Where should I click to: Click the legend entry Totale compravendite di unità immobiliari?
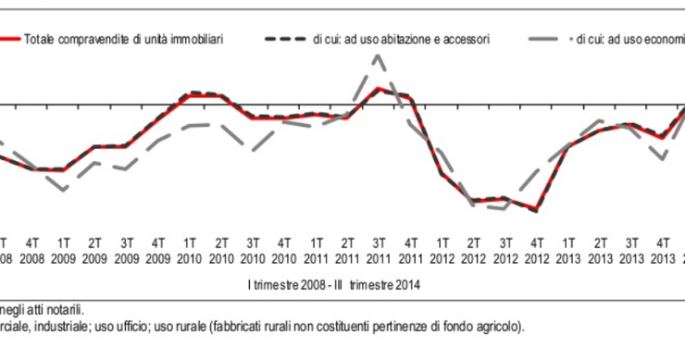pos(124,41)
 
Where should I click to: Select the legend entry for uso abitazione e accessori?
pos(401,41)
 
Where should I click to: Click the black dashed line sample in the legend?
pos(284,41)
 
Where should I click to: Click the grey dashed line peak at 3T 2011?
pos(378,56)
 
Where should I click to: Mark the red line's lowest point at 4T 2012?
pos(536,211)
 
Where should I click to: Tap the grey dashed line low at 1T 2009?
pos(63,190)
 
